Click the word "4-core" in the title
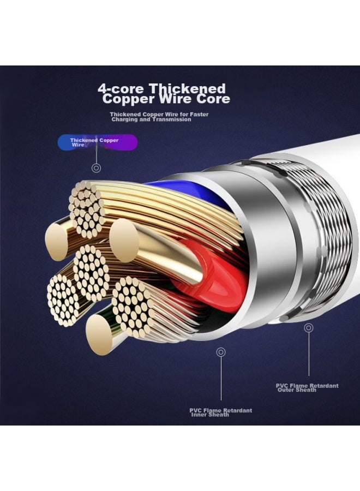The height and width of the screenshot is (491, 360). (x=121, y=88)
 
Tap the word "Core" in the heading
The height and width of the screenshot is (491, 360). (x=213, y=99)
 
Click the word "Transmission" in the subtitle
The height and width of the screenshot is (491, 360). (x=172, y=119)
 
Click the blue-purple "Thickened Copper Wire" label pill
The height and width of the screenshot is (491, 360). (x=98, y=142)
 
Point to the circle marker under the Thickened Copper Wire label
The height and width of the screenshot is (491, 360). (x=97, y=168)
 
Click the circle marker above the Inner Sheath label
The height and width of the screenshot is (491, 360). (x=221, y=352)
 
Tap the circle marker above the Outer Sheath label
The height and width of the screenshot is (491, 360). (x=309, y=328)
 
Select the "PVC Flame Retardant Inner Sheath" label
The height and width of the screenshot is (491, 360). (x=221, y=412)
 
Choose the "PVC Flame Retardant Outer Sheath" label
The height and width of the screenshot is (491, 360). (x=307, y=388)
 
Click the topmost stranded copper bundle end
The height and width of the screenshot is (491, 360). (x=86, y=208)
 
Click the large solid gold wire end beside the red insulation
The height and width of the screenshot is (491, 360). (x=124, y=241)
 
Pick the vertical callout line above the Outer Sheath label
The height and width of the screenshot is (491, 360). (x=309, y=354)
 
